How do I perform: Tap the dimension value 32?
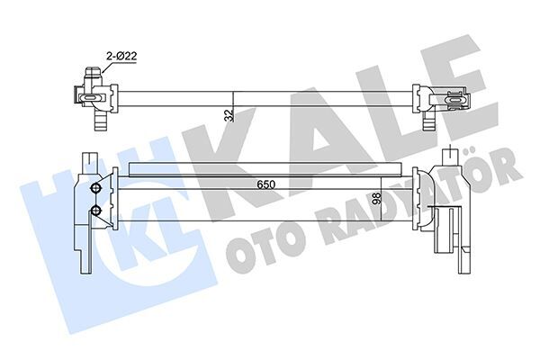click(229, 113)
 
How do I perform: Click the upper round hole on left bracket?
click(95, 189)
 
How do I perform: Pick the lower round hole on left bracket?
click(95, 211)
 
